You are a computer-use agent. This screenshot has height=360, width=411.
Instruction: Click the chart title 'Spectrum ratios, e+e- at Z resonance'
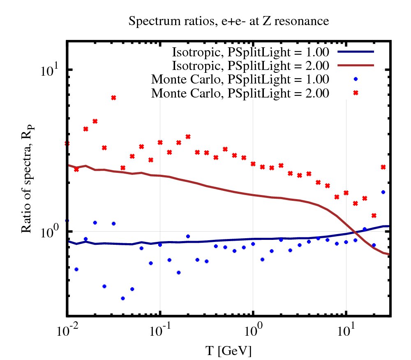pyautogui.click(x=229, y=21)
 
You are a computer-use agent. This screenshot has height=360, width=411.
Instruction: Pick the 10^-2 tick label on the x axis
pyautogui.click(x=66, y=331)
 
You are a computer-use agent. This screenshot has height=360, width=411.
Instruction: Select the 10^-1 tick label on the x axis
pyautogui.click(x=159, y=331)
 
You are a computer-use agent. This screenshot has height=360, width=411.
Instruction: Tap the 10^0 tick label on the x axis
pyautogui.click(x=253, y=331)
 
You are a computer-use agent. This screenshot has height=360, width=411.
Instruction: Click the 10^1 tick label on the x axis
pyautogui.click(x=346, y=331)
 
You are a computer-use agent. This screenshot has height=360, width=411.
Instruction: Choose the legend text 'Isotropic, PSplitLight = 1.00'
pyautogui.click(x=250, y=52)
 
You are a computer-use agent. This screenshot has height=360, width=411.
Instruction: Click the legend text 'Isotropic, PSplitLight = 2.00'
pyautogui.click(x=250, y=65)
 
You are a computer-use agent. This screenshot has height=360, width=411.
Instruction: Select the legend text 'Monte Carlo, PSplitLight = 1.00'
pyautogui.click(x=240, y=79)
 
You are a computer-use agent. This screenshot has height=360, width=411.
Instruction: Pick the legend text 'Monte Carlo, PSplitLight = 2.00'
pyautogui.click(x=240, y=93)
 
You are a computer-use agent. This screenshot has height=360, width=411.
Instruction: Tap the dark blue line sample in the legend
pyautogui.click(x=356, y=52)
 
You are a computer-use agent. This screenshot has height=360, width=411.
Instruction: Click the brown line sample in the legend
pyautogui.click(x=356, y=65)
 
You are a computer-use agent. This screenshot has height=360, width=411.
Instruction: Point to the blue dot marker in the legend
pyautogui.click(x=356, y=79)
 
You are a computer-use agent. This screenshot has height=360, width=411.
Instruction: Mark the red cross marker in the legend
pyautogui.click(x=356, y=93)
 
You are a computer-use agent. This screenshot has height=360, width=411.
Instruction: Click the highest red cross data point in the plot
pyautogui.click(x=113, y=98)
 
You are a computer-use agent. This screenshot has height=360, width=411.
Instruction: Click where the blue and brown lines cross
pyautogui.click(x=356, y=232)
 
